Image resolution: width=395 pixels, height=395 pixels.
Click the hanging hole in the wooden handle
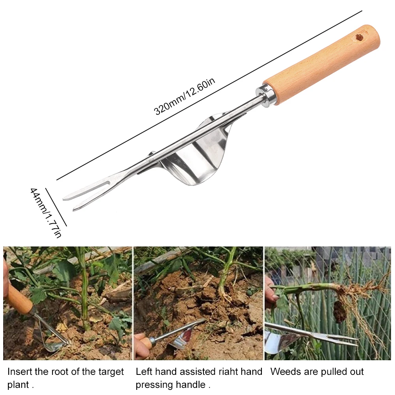pos(360,38)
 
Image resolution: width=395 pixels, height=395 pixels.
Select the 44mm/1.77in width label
pos(46,213)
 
